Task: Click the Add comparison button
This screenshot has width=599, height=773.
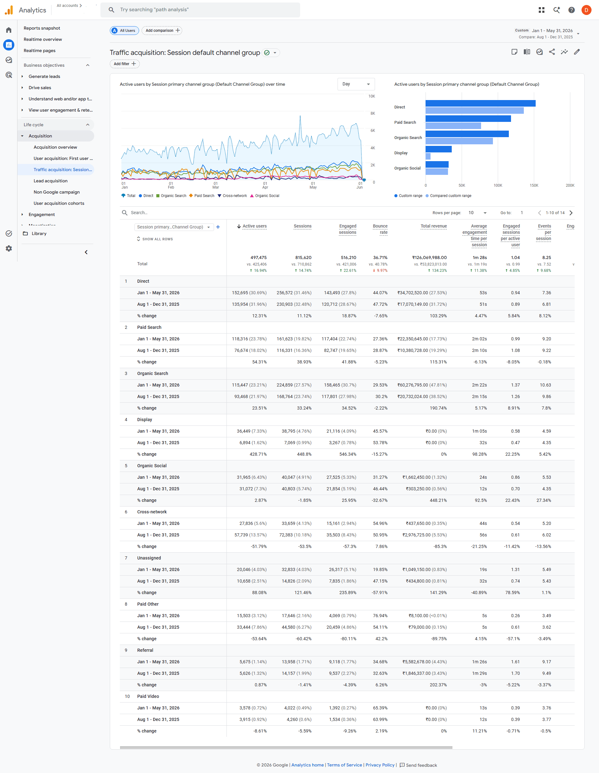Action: pos(162,31)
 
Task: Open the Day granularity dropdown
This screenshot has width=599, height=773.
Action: pos(356,84)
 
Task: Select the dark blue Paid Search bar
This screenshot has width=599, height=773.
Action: pos(468,118)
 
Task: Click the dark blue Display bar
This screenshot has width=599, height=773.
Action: pos(439,149)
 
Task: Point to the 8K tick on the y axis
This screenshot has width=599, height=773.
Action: pos(373,113)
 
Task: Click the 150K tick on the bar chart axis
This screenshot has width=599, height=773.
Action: pos(534,185)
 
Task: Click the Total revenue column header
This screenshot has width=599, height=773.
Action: pos(434,226)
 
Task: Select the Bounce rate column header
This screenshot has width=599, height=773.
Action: pos(380,229)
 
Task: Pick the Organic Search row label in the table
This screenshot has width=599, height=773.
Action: pos(153,373)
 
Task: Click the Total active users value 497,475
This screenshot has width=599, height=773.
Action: pos(259,258)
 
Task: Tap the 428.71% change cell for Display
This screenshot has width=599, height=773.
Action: pos(258,454)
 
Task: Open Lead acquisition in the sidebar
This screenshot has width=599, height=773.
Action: pos(51,181)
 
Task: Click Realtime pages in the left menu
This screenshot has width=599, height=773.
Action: pos(40,50)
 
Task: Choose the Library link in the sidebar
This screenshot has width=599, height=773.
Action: pos(39,233)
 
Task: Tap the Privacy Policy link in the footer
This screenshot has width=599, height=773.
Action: pos(380,765)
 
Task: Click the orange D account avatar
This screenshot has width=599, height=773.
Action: pos(586,10)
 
